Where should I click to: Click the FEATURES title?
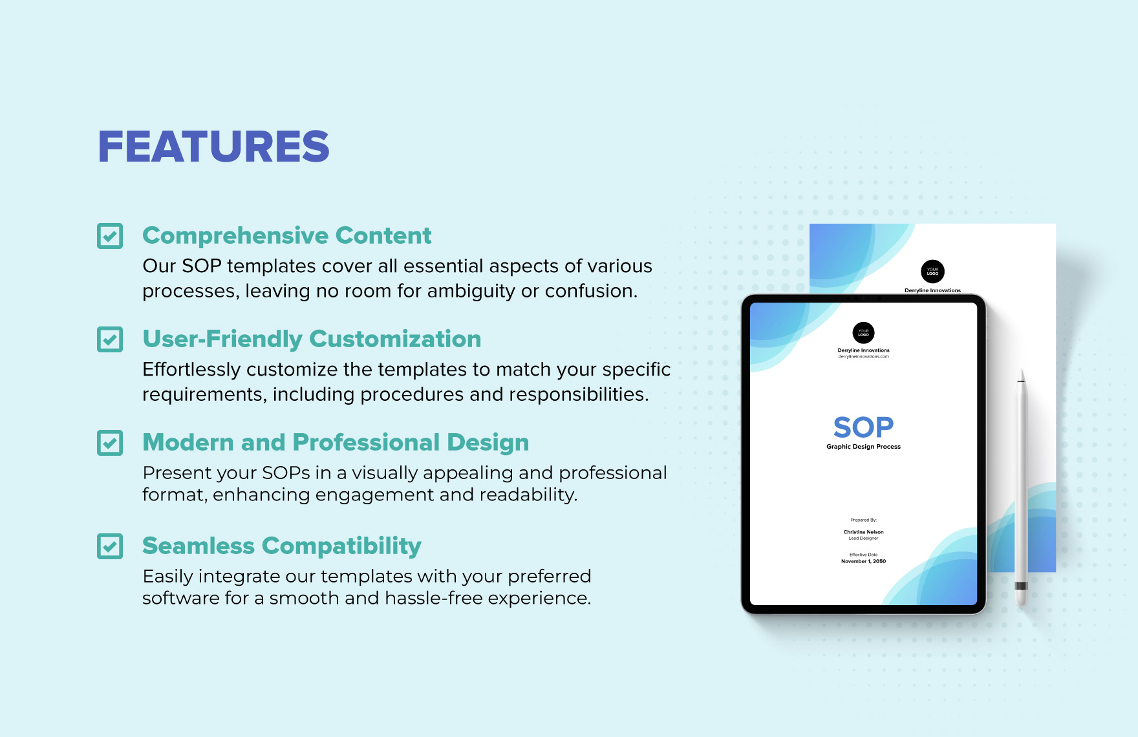(x=213, y=146)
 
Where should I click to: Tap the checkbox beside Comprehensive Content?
(x=110, y=236)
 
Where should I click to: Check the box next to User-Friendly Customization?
(x=110, y=339)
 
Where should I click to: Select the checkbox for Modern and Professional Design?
(x=110, y=443)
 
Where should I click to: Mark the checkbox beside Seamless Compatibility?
(x=110, y=546)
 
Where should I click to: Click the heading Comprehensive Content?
(x=286, y=236)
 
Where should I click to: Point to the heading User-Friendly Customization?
(x=312, y=339)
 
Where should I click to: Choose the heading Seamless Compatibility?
(x=281, y=546)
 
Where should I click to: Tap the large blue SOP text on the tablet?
(x=863, y=427)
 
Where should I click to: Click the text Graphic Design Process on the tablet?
(x=863, y=447)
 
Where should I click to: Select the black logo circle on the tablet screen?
(x=863, y=333)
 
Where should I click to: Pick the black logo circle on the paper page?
(x=932, y=272)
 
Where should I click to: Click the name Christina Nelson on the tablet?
(x=863, y=532)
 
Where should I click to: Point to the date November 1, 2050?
(x=863, y=561)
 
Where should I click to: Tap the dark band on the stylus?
(x=1021, y=586)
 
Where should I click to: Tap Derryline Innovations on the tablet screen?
(x=863, y=350)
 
